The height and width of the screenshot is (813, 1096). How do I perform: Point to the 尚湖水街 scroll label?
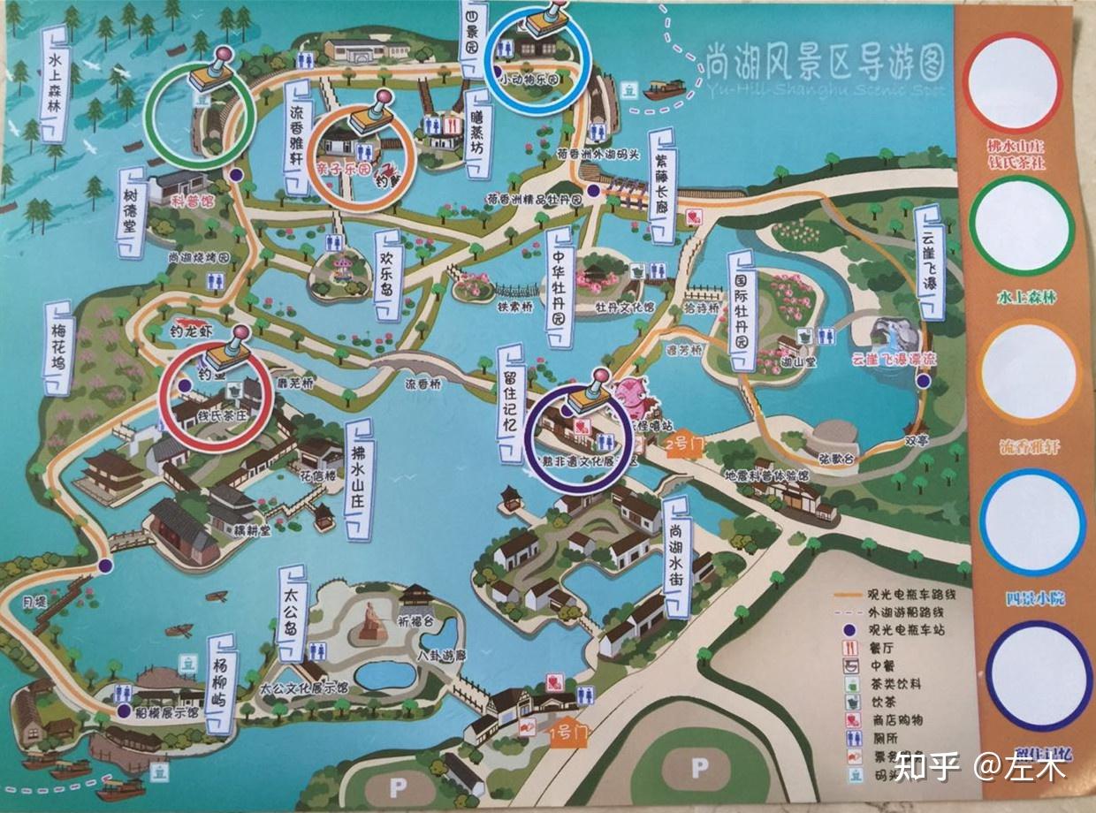[677, 557]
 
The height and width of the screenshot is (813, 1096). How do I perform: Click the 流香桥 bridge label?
[428, 385]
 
